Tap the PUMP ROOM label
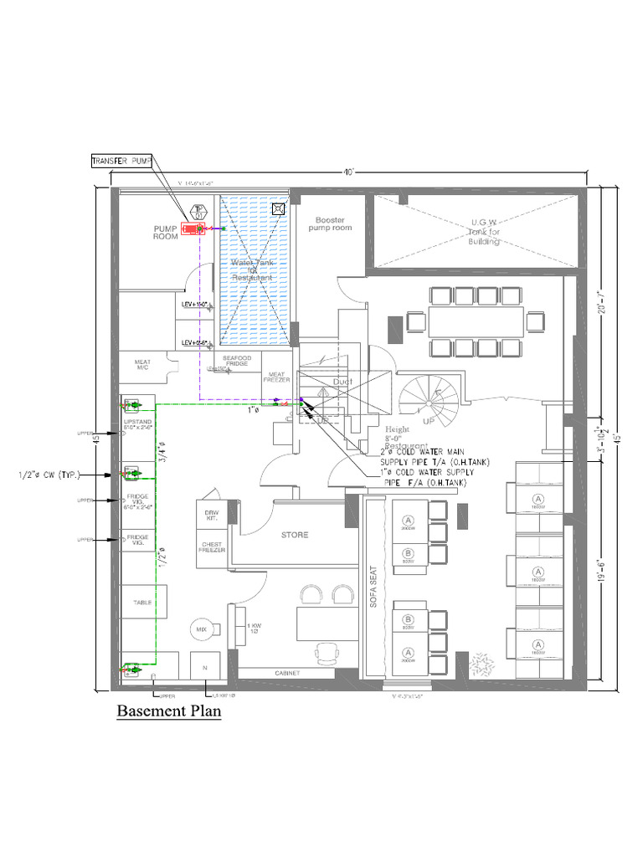tap(166, 232)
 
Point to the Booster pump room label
tap(331, 223)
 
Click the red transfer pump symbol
tap(195, 227)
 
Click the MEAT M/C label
tap(142, 367)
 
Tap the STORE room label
tap(294, 534)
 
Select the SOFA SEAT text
tap(374, 598)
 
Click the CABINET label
tap(287, 673)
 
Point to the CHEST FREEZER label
tap(211, 546)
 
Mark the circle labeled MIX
tap(201, 629)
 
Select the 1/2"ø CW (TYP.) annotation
tap(49, 475)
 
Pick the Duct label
tap(343, 382)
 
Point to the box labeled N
tap(204, 668)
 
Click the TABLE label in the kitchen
tap(142, 602)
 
